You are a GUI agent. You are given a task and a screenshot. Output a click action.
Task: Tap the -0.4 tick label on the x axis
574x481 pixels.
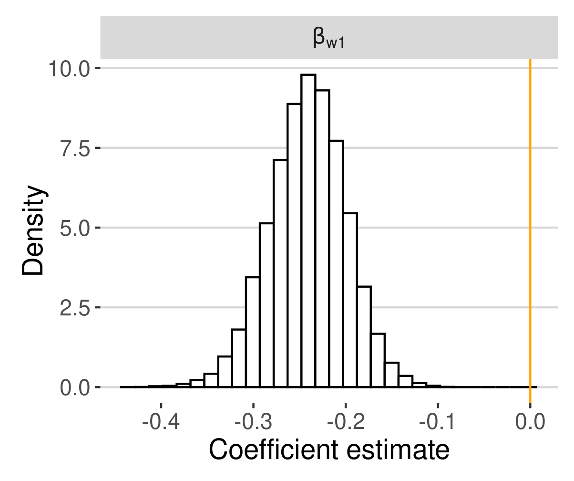click(x=161, y=422)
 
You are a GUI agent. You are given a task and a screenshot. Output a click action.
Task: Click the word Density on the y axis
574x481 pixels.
click(x=34, y=231)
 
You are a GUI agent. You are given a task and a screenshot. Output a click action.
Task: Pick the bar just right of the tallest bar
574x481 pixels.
click(x=322, y=239)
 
